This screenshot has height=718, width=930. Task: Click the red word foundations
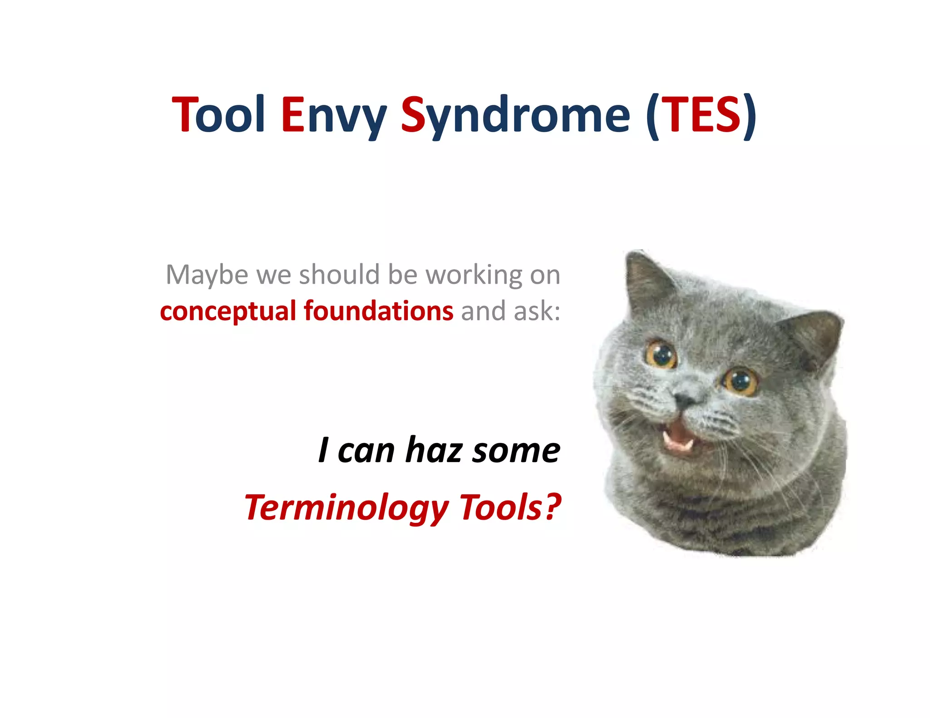pos(378,311)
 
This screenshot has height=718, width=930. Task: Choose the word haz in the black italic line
pos(433,450)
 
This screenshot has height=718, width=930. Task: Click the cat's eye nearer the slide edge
pos(741,381)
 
